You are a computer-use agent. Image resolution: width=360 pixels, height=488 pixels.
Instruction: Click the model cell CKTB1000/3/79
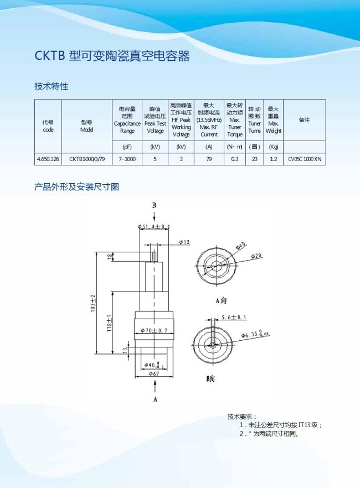pos(87,159)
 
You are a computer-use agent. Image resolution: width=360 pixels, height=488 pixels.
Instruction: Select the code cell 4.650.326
pos(48,159)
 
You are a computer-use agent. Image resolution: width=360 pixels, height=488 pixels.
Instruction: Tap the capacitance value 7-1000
pos(127,159)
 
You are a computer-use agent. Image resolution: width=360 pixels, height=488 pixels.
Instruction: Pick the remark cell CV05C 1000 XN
pos(305,159)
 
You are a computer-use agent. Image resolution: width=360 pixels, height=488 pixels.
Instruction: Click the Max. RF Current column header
pos(209,120)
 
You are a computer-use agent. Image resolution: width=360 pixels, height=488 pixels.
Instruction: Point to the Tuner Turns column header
pos(255,120)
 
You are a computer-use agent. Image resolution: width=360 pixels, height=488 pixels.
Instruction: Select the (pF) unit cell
pos(127,147)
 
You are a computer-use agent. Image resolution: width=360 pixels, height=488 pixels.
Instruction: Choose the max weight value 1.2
pos(274,159)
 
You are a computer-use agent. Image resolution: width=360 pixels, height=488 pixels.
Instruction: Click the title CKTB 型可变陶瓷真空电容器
pos(112,56)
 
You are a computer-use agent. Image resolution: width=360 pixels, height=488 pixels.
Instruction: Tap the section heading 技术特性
pos(52,86)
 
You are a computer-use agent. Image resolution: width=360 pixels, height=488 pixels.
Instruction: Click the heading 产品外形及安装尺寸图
pos(76,187)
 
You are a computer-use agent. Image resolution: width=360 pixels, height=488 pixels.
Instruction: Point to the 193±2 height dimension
pos(94,303)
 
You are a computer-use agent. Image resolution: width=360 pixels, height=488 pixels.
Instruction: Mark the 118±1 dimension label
pos(109,323)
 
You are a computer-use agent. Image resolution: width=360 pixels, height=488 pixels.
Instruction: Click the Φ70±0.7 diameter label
pos(154,330)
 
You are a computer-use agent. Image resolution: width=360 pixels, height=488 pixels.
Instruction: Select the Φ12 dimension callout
pos(184,242)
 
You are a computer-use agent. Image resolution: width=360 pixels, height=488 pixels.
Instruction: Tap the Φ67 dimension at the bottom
pos(154,373)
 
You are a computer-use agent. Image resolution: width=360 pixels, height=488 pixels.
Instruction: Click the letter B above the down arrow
pos(154,205)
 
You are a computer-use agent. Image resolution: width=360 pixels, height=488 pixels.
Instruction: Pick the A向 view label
pos(222,300)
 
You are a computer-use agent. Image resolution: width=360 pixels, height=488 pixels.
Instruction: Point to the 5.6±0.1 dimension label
pos(234,317)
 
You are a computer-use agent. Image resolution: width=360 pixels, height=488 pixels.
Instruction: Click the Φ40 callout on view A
pos(241,246)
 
